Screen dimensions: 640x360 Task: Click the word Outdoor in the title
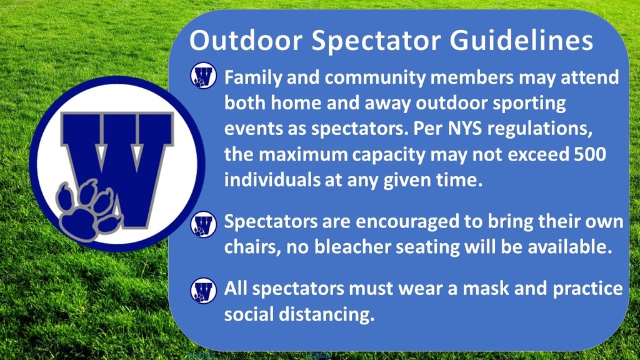coord(246,40)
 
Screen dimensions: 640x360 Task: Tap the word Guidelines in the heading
coord(521,41)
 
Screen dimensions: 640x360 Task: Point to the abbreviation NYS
coord(465,129)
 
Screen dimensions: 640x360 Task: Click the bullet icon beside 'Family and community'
coord(203,76)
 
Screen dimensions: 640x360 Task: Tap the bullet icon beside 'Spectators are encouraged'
coord(203,224)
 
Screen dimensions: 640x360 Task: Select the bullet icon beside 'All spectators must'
coord(203,291)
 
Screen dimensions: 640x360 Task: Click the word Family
coord(253,77)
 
